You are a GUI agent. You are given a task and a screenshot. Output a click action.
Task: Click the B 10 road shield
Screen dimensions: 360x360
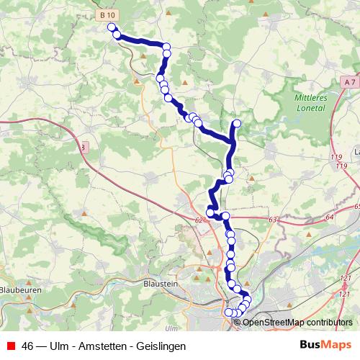click(x=106, y=14)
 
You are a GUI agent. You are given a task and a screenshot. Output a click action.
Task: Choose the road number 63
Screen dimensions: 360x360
click(x=272, y=220)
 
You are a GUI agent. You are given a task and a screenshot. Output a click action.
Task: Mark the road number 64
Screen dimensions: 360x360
click(x=329, y=217)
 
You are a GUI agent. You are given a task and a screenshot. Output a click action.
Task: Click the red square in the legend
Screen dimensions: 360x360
click(x=11, y=346)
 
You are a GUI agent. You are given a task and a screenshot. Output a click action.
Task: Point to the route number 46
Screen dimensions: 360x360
click(x=28, y=346)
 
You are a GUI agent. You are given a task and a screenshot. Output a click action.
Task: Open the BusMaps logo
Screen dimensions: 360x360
click(x=326, y=346)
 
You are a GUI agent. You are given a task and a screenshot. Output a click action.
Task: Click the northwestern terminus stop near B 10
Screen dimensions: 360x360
click(x=112, y=27)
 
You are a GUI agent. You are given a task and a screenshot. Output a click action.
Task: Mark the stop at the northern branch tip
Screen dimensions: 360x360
click(x=237, y=122)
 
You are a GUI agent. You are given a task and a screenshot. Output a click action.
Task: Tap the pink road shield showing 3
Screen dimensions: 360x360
click(x=84, y=147)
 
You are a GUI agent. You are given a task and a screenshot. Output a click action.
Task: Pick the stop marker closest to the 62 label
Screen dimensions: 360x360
click(x=210, y=212)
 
